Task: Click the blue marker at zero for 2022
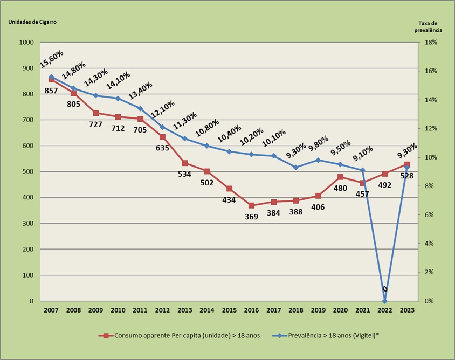tap(384, 301)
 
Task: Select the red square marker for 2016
tap(251, 205)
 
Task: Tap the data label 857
tap(51, 91)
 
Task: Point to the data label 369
tap(251, 217)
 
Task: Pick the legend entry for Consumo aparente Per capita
tap(179, 335)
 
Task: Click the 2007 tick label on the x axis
tap(51, 310)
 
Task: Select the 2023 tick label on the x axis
tap(406, 310)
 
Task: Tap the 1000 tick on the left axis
tap(26, 43)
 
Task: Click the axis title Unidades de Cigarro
tap(32, 22)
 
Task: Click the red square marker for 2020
tap(340, 177)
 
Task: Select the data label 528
tap(406, 175)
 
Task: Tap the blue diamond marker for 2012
tap(162, 127)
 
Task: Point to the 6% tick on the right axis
tap(432, 214)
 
